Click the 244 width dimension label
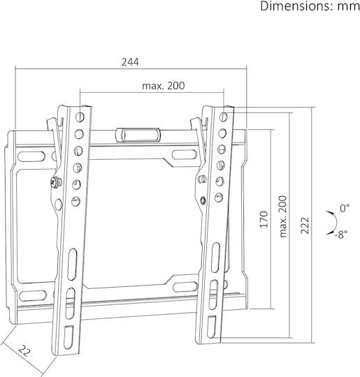(x=130, y=62)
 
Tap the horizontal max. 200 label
(x=164, y=86)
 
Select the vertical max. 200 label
(x=283, y=216)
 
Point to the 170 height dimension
(x=264, y=219)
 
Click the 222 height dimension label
(x=305, y=226)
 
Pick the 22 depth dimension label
(x=24, y=350)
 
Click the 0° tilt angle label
(x=345, y=208)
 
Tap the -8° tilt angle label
(x=340, y=234)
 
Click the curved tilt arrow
(x=334, y=223)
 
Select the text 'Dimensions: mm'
(x=310, y=6)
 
